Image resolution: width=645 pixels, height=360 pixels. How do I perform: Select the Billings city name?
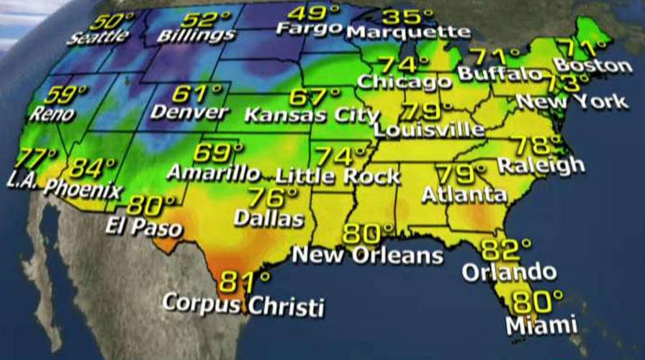(x=197, y=35)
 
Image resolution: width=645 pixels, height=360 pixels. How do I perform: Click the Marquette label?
(x=408, y=32)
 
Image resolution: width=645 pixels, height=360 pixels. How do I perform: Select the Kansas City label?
(x=312, y=114)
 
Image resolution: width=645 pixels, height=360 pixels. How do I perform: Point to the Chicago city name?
(x=404, y=81)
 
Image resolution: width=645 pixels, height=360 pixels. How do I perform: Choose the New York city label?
(x=572, y=101)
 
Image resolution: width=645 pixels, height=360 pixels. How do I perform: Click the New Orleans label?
(x=367, y=254)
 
